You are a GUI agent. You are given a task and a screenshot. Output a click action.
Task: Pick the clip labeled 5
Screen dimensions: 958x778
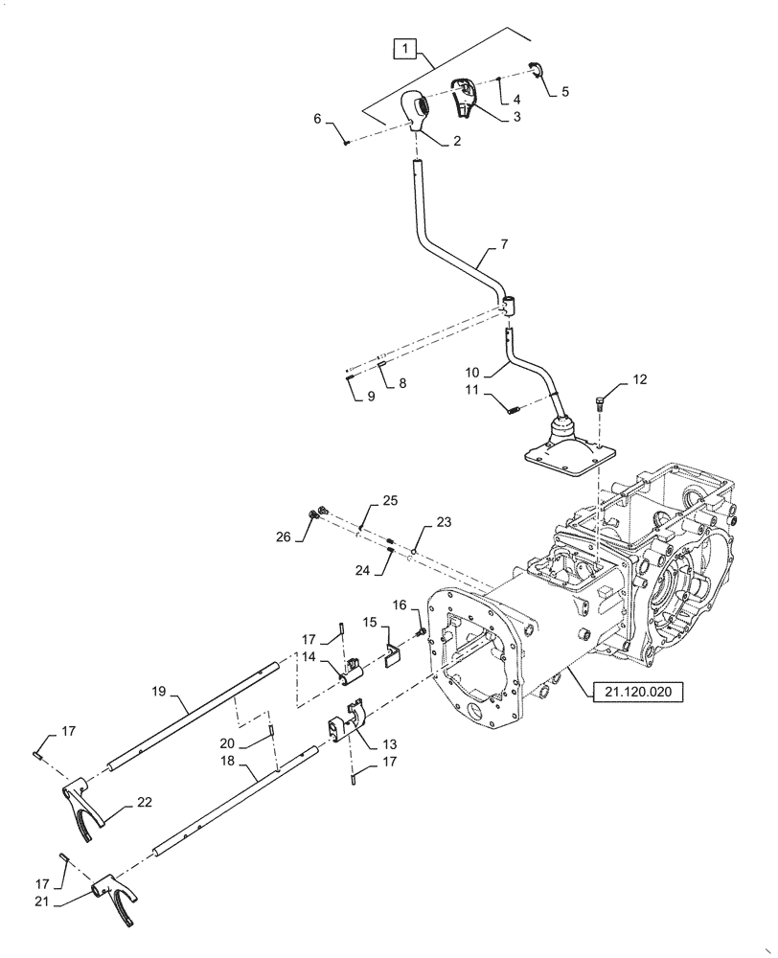coord(537,68)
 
